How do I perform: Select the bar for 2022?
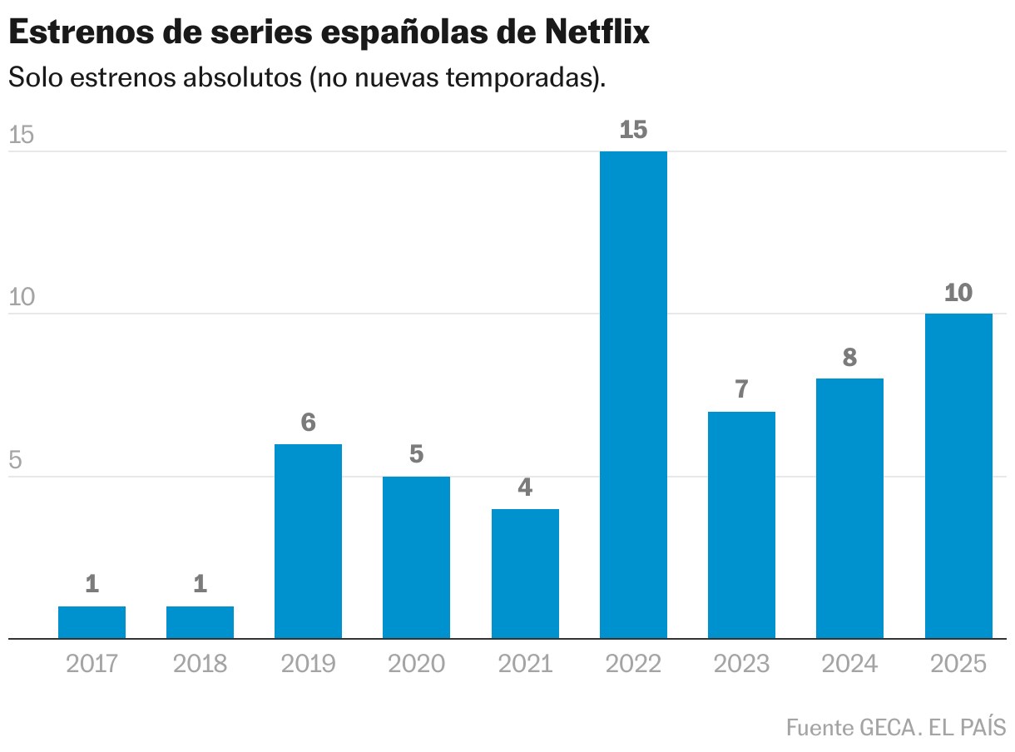633,395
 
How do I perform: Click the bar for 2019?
308,542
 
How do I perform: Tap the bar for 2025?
958,476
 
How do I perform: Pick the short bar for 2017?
92,622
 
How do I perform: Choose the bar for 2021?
525,574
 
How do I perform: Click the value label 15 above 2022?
633,130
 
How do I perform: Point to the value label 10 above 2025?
958,293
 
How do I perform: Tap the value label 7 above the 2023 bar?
741,389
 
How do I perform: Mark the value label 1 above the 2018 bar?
200,585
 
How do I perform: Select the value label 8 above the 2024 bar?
849,358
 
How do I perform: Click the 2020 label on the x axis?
416,664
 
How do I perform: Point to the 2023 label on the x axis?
741,664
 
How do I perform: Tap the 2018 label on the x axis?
200,664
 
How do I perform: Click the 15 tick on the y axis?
21,136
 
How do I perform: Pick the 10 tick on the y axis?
21,298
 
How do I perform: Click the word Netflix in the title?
597,32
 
